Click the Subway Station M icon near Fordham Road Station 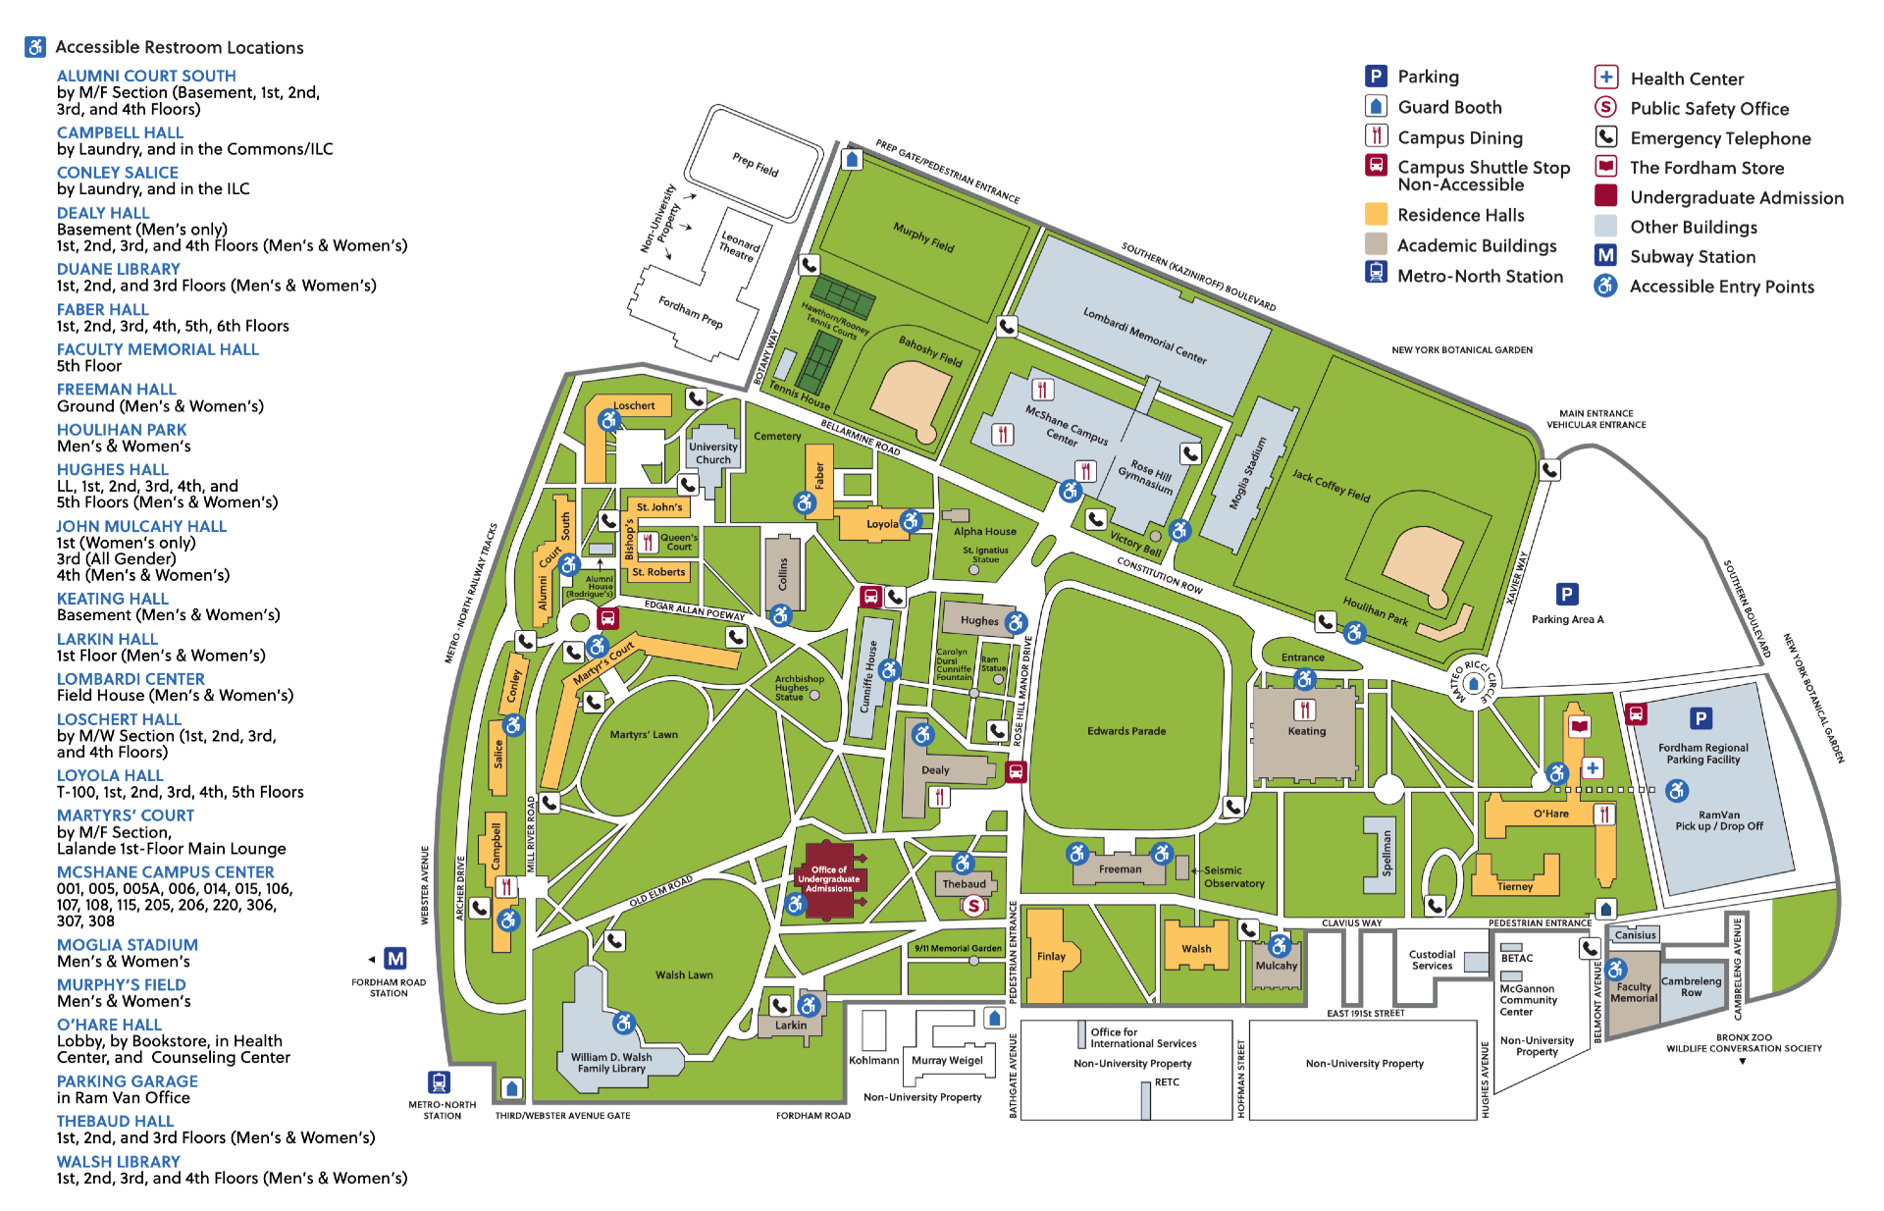[394, 958]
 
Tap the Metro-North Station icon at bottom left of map [439, 1081]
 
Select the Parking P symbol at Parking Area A [1567, 594]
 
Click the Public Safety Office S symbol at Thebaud [972, 906]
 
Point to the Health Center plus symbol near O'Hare [1593, 767]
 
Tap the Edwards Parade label [1125, 731]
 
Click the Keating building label [1306, 731]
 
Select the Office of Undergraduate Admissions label [829, 878]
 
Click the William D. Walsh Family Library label [611, 1063]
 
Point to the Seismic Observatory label [1233, 876]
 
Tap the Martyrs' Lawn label [643, 734]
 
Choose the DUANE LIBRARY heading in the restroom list [118, 269]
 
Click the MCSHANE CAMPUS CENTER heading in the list [165, 871]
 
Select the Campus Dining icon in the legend [1376, 136]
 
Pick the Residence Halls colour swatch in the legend [1376, 214]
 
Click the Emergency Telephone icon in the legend [1605, 136]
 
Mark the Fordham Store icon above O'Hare [1579, 726]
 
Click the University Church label [713, 452]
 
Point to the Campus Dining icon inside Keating [1304, 710]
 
